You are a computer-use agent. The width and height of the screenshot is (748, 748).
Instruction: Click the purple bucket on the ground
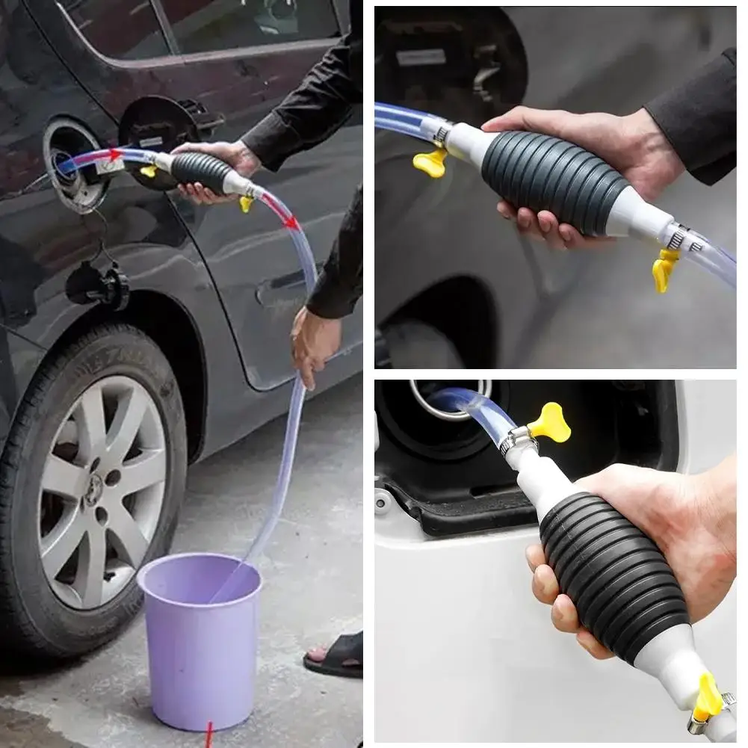[200, 635]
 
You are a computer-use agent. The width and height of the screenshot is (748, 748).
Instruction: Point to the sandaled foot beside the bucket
[336, 654]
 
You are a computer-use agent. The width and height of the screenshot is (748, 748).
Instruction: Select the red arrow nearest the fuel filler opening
[115, 155]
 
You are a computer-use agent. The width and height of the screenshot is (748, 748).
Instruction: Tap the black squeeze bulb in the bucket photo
[200, 171]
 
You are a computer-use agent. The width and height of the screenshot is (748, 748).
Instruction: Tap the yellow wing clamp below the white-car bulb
[706, 699]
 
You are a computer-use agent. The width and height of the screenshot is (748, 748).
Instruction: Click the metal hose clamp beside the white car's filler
[516, 441]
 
